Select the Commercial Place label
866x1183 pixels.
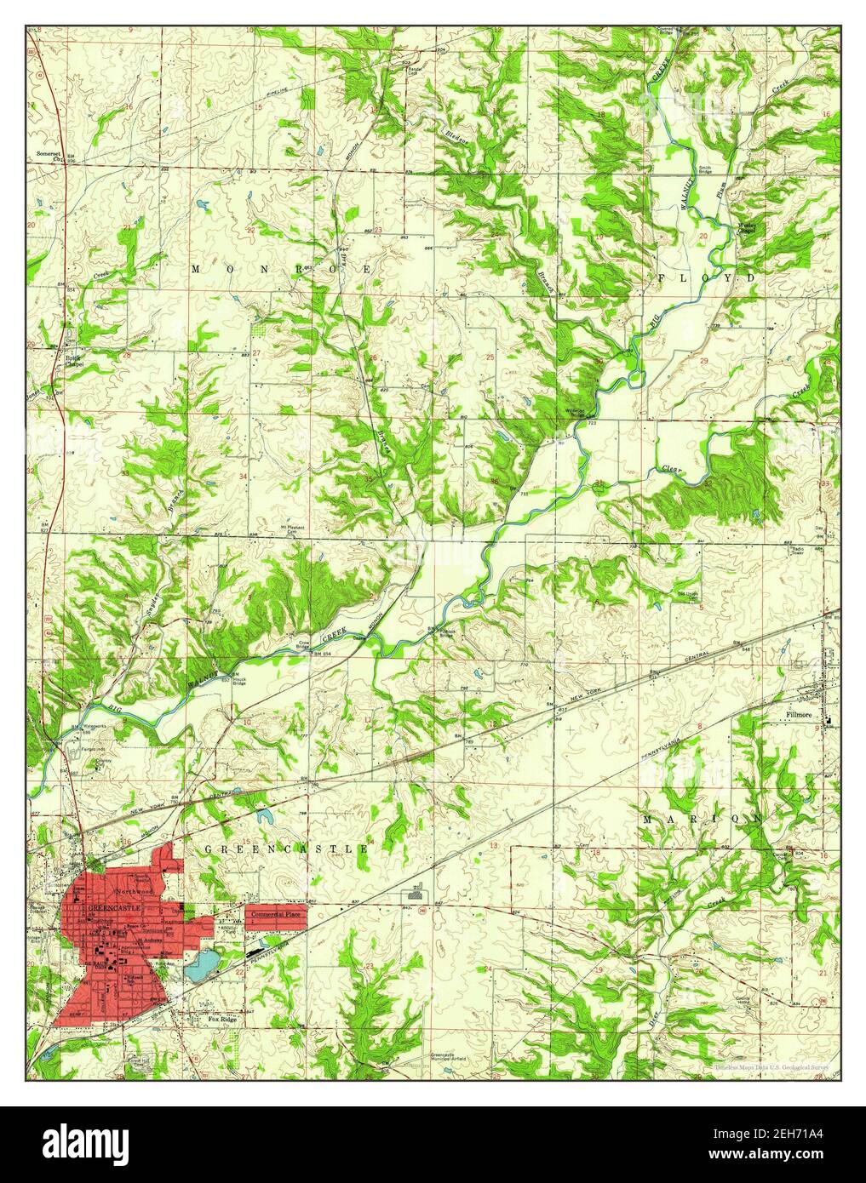coord(275,913)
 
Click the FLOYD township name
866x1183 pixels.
coord(706,278)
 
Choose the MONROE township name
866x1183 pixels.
coord(282,269)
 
